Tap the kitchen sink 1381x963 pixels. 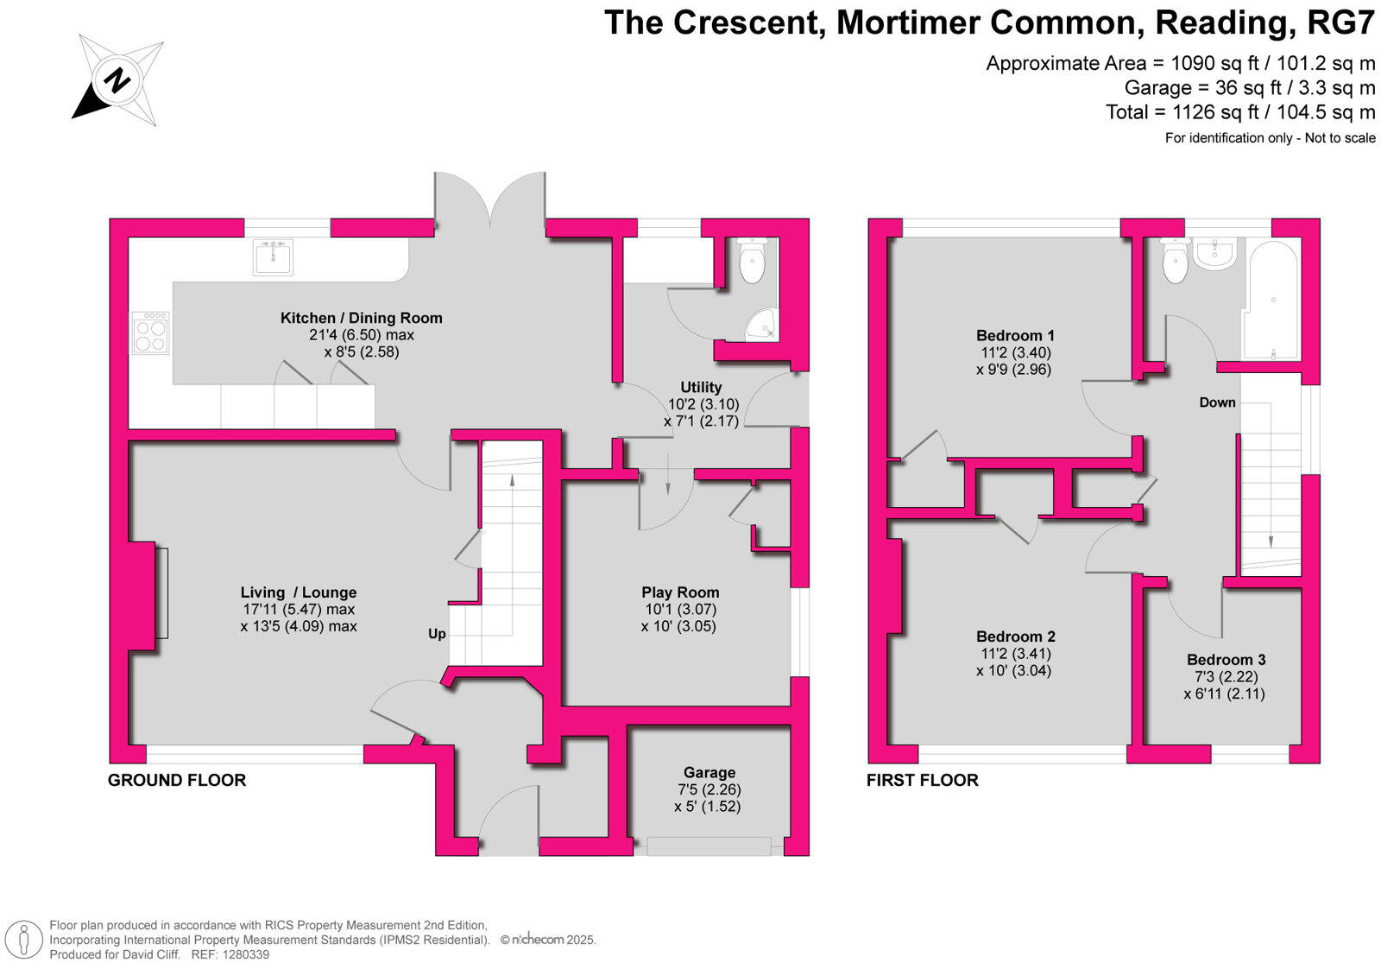[x=273, y=257]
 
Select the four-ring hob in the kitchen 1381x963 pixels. [x=150, y=333]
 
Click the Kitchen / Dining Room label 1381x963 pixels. [x=361, y=318]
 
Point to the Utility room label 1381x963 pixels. [x=701, y=387]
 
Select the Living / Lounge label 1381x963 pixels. [x=298, y=592]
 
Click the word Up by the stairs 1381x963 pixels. [x=437, y=634]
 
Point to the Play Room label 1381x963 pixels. [x=680, y=592]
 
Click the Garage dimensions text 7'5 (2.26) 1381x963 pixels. [x=709, y=789]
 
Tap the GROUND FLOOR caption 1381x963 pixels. [x=177, y=780]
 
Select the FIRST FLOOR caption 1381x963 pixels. [x=922, y=780]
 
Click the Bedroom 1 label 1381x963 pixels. [x=1015, y=335]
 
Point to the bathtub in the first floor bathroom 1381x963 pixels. [x=1271, y=300]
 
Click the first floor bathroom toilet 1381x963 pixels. [x=1175, y=261]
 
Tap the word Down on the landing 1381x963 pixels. [x=1217, y=402]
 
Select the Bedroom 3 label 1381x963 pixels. [x=1226, y=660]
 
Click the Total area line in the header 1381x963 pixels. [x=1240, y=112]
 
